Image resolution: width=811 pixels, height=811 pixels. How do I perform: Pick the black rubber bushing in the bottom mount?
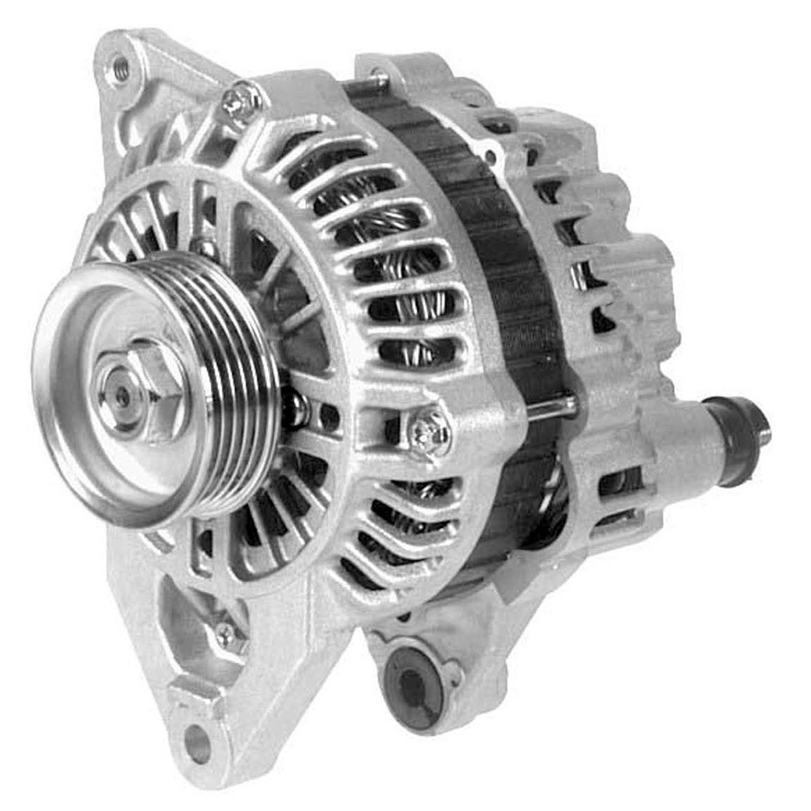point(413,686)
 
